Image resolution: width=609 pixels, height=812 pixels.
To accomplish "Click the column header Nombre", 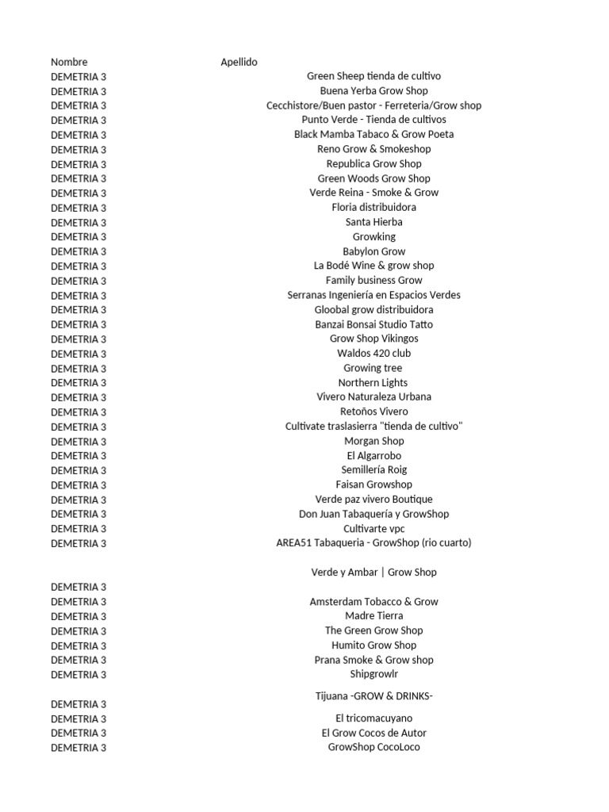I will [69, 62].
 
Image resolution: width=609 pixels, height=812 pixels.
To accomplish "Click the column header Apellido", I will [239, 62].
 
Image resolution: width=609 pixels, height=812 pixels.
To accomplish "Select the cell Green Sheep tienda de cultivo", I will [373, 76].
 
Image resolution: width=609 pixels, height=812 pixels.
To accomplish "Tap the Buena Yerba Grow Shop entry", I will [373, 91].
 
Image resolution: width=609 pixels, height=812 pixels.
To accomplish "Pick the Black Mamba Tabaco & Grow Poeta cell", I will [373, 134].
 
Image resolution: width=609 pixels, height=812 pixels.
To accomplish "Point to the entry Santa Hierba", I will [373, 222].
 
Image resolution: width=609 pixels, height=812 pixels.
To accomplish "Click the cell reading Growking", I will [373, 236].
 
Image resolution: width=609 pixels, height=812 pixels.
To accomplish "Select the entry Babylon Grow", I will [373, 251].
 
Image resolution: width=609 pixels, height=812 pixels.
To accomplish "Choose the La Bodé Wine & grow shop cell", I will [373, 266].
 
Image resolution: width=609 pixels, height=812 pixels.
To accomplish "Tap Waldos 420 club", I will [373, 353].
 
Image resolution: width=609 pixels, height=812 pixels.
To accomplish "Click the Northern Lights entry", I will [373, 382].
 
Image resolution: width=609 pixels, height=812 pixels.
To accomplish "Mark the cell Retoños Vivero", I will [373, 412].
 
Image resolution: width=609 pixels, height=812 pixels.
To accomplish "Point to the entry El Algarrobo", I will [373, 455].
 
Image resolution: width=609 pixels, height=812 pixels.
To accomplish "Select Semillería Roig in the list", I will [373, 469].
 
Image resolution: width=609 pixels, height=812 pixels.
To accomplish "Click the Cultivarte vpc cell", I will [373, 528].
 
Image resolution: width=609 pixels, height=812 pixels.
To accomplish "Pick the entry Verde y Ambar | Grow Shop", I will [373, 572].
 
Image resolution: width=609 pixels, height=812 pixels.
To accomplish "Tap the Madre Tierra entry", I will [373, 615].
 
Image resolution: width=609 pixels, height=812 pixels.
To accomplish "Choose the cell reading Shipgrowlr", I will [373, 674].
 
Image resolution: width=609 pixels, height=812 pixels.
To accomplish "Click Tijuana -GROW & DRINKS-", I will [373, 696].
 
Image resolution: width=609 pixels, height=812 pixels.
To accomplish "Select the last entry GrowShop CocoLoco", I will [373, 747].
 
